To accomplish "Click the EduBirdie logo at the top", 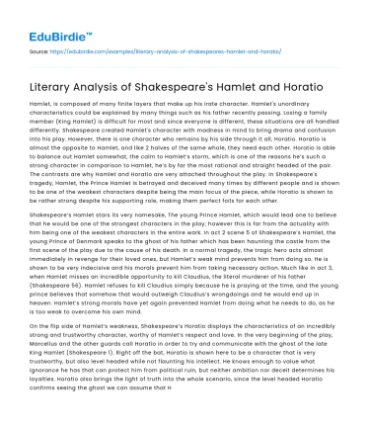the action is (x=45, y=19).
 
